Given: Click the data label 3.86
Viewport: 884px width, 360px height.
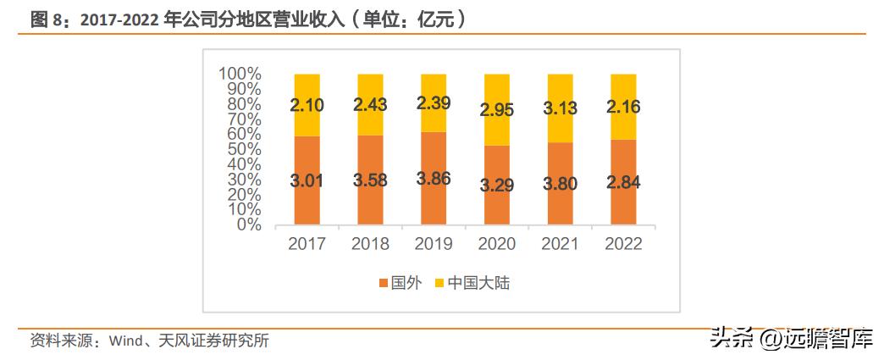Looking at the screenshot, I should [x=433, y=179].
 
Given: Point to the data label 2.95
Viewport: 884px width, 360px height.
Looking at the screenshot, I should [x=496, y=110].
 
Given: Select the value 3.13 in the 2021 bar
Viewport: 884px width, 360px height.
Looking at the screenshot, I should [x=560, y=108].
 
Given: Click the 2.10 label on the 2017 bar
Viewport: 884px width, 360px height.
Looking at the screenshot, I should [x=307, y=106].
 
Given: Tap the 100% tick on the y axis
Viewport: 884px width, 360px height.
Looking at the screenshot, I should [x=239, y=75].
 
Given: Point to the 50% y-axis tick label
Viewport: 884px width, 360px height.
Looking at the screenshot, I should [x=242, y=150].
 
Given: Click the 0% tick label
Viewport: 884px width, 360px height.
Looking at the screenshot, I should [x=246, y=225].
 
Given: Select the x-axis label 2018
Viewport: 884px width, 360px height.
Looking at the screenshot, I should [x=369, y=244].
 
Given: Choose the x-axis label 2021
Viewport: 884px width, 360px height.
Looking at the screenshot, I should [x=560, y=244].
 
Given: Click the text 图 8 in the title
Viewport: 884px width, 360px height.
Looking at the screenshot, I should [x=47, y=19].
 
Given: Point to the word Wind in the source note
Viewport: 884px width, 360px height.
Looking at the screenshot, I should [x=121, y=341].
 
